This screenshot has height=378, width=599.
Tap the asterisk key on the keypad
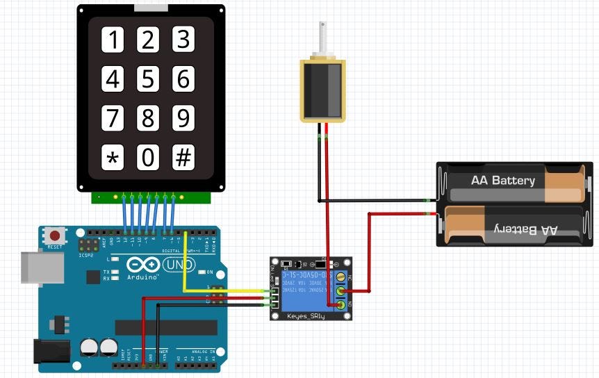[x=113, y=158]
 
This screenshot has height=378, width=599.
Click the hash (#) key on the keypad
[x=183, y=158]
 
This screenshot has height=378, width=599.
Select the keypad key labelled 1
[x=113, y=41]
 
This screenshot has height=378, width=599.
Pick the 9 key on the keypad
[x=183, y=119]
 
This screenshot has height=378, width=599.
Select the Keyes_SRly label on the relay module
[x=306, y=316]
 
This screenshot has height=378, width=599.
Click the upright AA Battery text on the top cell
[x=503, y=181]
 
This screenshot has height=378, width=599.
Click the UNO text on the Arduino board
[x=179, y=265]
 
